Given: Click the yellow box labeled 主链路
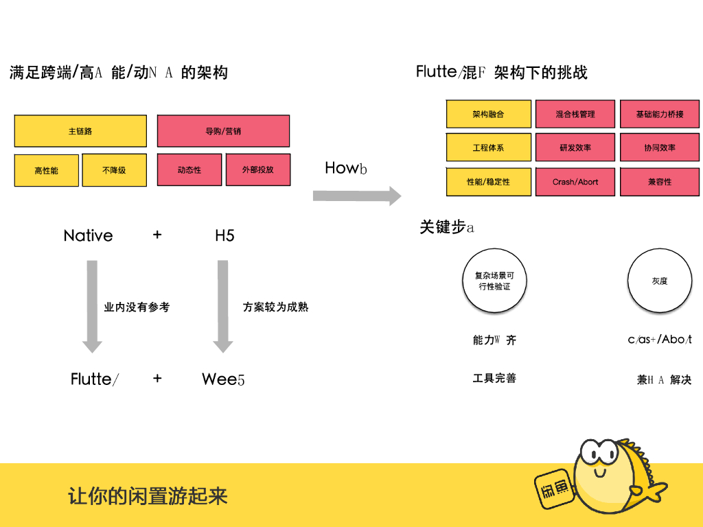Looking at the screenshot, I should click(80, 131).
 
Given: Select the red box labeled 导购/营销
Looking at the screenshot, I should click(223, 131).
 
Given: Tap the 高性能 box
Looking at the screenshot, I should click(47, 170).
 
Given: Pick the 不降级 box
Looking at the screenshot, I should click(114, 170).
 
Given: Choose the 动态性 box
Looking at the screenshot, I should click(189, 170).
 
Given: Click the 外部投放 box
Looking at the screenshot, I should click(257, 170).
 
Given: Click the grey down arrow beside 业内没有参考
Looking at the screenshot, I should click(92, 305).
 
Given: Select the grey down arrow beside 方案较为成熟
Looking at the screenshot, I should click(222, 305).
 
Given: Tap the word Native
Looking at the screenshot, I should click(88, 236).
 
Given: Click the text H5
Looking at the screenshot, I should click(224, 236).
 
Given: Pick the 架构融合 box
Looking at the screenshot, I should click(488, 114).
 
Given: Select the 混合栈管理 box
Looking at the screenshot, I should click(575, 114).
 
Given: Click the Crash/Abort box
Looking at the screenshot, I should click(575, 182).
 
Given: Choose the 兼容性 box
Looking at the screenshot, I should click(660, 182).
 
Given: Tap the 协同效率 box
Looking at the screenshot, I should click(660, 148).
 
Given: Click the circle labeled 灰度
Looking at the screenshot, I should click(659, 281).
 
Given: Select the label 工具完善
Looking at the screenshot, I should click(494, 378).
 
